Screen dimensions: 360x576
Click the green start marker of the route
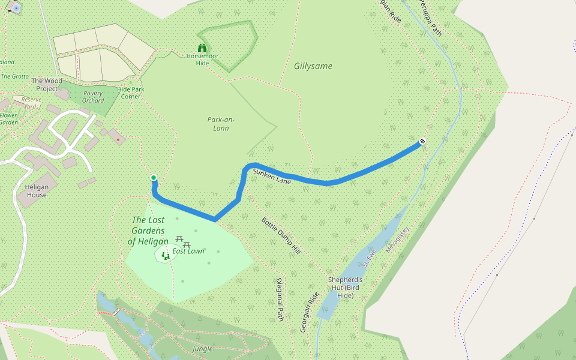pyautogui.click(x=154, y=178)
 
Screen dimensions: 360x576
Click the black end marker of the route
pyautogui.click(x=422, y=142)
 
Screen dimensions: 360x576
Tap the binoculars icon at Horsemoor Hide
pyautogui.click(x=202, y=48)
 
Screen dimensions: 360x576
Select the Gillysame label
pyautogui.click(x=313, y=66)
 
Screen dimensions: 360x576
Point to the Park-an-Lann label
pyautogui.click(x=221, y=123)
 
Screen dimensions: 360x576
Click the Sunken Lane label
pyautogui.click(x=272, y=176)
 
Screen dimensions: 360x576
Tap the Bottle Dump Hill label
pyautogui.click(x=280, y=234)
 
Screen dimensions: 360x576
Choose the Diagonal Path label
pyautogui.click(x=280, y=299)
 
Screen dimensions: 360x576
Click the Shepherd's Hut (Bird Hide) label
pyautogui.click(x=346, y=287)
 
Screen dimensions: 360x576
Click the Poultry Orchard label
pyautogui.click(x=93, y=97)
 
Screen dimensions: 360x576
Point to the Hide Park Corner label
pyautogui.click(x=130, y=92)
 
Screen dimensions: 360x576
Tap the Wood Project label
pyautogui.click(x=46, y=85)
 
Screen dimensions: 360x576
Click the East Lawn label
pyautogui.click(x=188, y=251)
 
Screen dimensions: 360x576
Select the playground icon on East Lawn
pyautogui.click(x=165, y=256)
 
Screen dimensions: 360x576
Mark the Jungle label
pyautogui.click(x=203, y=349)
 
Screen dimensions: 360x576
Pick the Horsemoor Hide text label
pyautogui.click(x=202, y=59)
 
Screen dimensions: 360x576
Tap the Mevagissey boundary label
pyautogui.click(x=398, y=239)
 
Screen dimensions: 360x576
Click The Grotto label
pyautogui.click(x=14, y=76)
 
